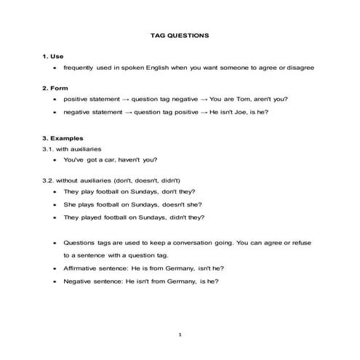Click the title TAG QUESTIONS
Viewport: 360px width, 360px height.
pos(179,34)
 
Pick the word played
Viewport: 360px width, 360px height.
pos(93,217)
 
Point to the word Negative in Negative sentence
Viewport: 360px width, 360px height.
pos(79,280)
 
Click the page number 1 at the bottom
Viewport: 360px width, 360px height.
pos(180,334)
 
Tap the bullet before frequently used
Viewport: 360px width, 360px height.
pos(55,67)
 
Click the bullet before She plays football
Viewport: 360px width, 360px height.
pos(55,204)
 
